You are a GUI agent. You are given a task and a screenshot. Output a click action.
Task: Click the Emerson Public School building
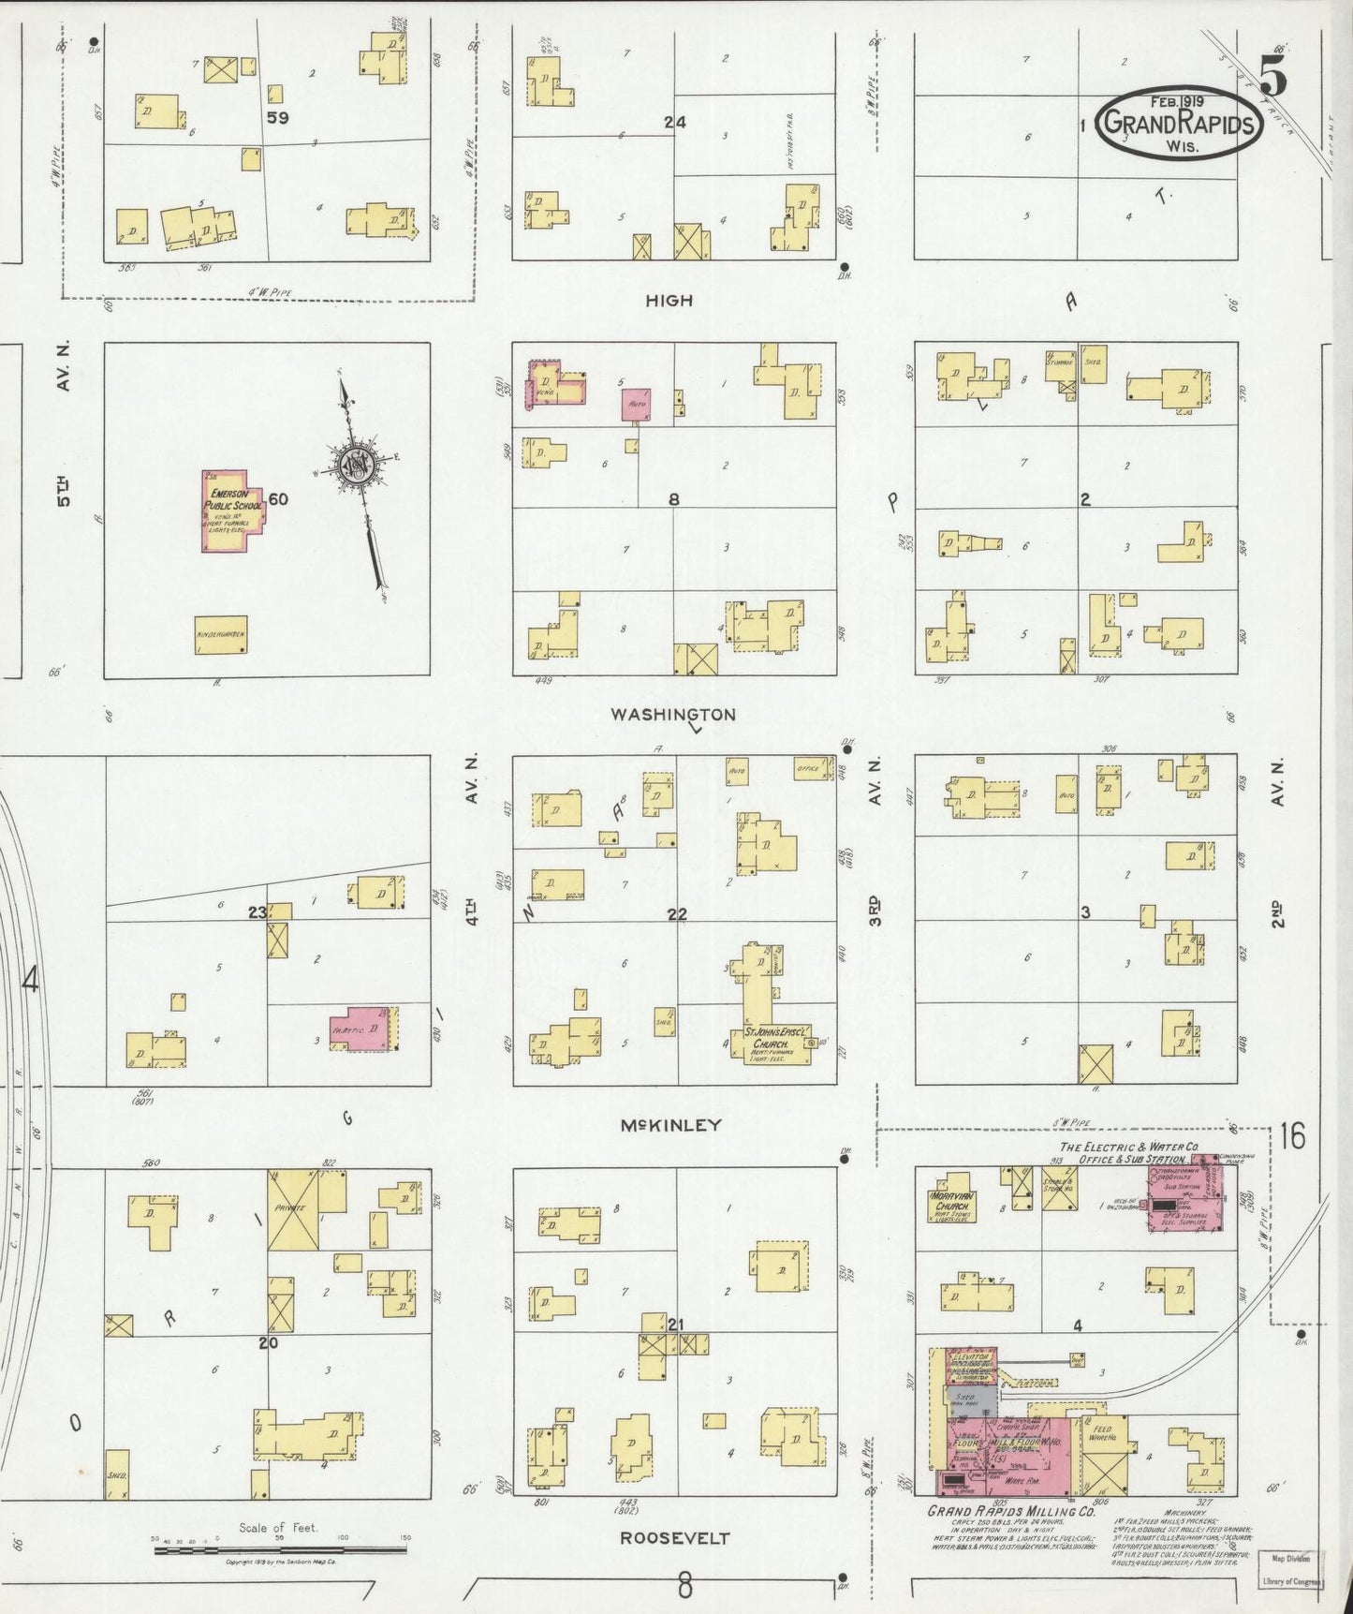pyautogui.click(x=232, y=511)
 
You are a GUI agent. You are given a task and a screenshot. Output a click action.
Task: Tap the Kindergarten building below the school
pyautogui.click(x=221, y=635)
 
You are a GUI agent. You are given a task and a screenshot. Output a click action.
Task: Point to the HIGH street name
pyautogui.click(x=669, y=301)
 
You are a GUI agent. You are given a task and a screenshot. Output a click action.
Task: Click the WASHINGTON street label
pyautogui.click(x=672, y=715)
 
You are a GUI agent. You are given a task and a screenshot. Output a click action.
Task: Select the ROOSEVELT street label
pyautogui.click(x=674, y=1538)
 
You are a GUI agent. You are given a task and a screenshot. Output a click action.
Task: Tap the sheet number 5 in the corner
pyautogui.click(x=1273, y=71)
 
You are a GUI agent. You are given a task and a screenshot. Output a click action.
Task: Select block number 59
pyautogui.click(x=276, y=118)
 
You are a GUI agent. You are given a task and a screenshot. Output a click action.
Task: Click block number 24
pyautogui.click(x=674, y=122)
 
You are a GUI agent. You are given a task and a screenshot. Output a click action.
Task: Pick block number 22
pyautogui.click(x=677, y=914)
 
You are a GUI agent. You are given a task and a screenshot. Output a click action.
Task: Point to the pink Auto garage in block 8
pyautogui.click(x=639, y=405)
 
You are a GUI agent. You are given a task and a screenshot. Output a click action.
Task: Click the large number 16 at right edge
pyautogui.click(x=1292, y=1137)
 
